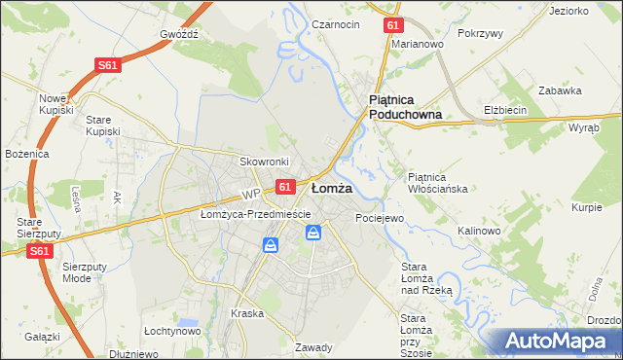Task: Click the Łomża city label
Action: [332, 188]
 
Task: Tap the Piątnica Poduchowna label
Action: [405, 107]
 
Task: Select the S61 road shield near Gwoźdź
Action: [108, 65]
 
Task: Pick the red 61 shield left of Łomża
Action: [284, 186]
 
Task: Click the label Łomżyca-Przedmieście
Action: [255, 214]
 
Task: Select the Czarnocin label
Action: [337, 23]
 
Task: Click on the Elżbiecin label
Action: [505, 110]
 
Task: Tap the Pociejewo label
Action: [379, 218]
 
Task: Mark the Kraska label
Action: [248, 313]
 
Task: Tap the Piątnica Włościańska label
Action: [439, 182]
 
